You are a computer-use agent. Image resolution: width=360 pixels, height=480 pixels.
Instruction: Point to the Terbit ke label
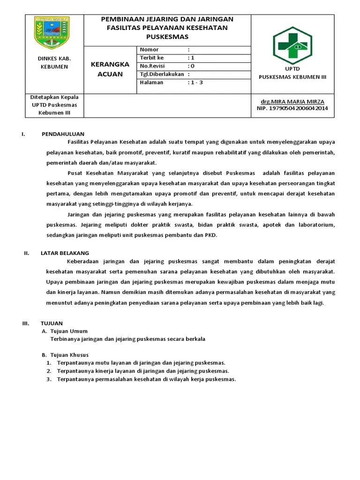[152, 58]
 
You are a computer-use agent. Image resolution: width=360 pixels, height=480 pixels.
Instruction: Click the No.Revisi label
[152, 66]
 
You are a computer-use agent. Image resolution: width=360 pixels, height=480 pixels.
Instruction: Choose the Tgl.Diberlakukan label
[162, 74]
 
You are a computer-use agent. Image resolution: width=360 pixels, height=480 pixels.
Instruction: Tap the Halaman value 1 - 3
[196, 82]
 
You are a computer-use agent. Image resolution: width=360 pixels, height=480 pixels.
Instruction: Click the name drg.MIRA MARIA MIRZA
[292, 102]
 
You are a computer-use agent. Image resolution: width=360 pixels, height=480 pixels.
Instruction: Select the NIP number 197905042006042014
[292, 108]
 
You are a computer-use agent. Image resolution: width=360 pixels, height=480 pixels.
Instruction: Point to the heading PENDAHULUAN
[63, 134]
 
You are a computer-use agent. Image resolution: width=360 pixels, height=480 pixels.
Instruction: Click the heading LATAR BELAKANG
[65, 253]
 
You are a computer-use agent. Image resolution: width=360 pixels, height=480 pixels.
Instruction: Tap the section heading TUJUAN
[52, 323]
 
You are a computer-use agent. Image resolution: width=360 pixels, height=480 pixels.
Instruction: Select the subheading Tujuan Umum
[69, 331]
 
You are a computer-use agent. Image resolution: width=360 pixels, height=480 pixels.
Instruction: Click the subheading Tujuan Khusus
[69, 355]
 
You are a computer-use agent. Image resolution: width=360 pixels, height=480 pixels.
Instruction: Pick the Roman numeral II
[27, 253]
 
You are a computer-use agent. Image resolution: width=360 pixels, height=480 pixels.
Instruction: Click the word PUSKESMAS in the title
[167, 36]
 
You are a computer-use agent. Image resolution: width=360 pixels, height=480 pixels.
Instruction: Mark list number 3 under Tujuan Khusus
[48, 379]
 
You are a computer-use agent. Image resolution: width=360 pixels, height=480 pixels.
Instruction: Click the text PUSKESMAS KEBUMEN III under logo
[292, 77]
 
